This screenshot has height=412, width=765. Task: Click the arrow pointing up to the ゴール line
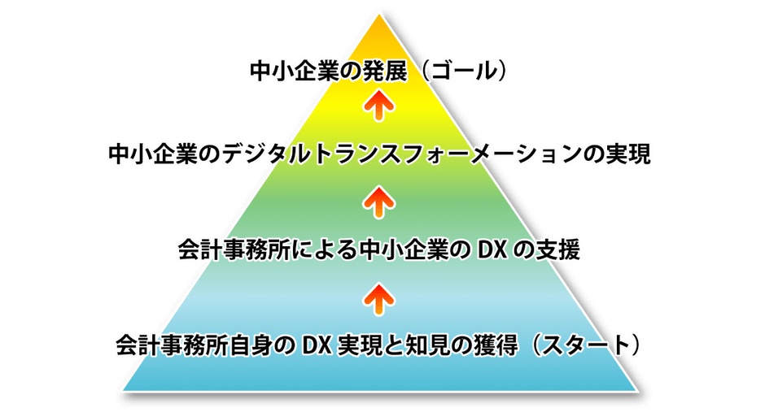[x=378, y=105]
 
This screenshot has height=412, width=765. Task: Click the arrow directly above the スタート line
[x=378, y=297]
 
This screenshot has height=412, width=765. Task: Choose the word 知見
[x=422, y=345]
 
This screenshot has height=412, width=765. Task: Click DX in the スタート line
[x=314, y=345]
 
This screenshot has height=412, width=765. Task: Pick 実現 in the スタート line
[x=356, y=345]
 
